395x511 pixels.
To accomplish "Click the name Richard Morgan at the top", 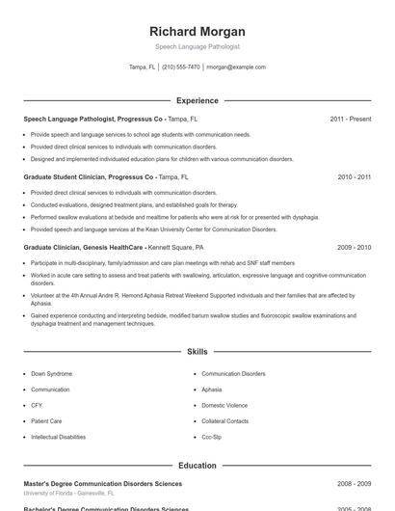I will (197, 31).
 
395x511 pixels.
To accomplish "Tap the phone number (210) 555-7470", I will (181, 67).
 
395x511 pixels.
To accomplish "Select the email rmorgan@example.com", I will (236, 67).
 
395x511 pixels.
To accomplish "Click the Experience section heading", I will (197, 100).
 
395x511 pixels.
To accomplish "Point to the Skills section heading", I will (197, 353).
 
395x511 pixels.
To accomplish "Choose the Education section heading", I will (197, 466).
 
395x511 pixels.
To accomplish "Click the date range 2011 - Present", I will (350, 120).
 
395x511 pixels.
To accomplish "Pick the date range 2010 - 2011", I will (354, 177).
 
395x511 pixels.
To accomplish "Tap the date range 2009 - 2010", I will (354, 248).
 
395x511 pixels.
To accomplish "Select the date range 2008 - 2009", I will (354, 482).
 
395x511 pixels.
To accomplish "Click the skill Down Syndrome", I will (51, 373).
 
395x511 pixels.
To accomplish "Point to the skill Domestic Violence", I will (224, 405).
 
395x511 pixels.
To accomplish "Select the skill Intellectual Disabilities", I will (58, 437).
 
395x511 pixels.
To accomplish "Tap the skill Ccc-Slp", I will (212, 437).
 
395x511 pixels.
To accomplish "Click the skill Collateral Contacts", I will (225, 421).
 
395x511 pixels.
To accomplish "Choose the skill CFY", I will (38, 405).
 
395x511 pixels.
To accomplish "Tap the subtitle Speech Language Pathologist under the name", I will (197, 46).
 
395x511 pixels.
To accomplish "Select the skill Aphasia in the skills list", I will (212, 390).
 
